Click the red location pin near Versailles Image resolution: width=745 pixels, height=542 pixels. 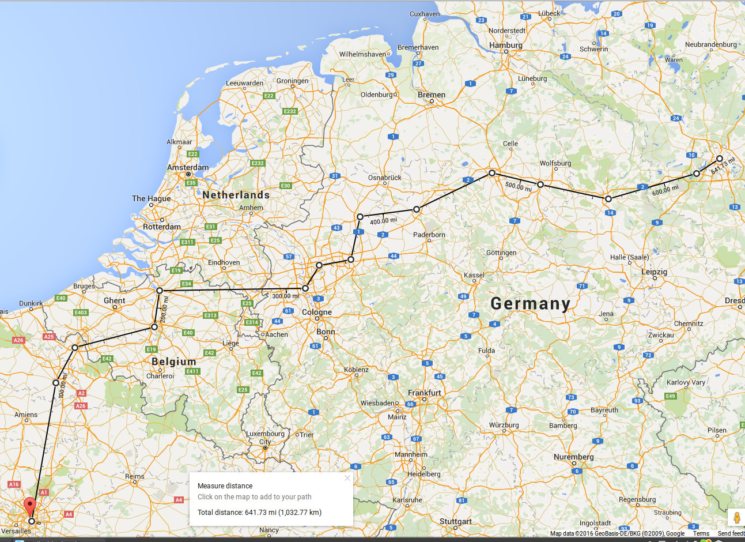coord(31,507)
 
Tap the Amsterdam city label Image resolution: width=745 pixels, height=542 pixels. coord(188,167)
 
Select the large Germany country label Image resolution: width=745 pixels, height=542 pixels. coord(530,304)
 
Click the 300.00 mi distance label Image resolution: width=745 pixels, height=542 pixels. coord(285,296)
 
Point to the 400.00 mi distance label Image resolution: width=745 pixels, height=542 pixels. coord(383,221)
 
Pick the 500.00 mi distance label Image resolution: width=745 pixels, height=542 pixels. coord(518,186)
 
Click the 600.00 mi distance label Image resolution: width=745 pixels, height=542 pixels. coord(665,190)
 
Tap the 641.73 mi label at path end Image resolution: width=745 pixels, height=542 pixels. coord(723,166)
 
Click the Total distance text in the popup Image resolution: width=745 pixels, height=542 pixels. coord(259,512)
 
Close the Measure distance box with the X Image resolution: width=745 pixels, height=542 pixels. coord(347,477)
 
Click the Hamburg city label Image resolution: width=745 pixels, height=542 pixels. coord(505,45)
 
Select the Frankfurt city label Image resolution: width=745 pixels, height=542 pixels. coord(424,393)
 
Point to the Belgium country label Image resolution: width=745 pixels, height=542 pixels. coord(173,362)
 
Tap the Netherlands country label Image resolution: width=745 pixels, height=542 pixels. coord(236,195)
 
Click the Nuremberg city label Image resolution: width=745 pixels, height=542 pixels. coord(573,457)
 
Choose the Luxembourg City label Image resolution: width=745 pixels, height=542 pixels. coord(265,437)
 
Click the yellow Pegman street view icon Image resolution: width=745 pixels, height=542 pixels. coord(736,517)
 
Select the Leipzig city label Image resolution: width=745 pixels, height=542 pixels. coord(654,272)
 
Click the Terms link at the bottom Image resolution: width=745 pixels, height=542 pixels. coord(701,533)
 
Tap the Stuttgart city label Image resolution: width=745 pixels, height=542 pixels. coord(455,521)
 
